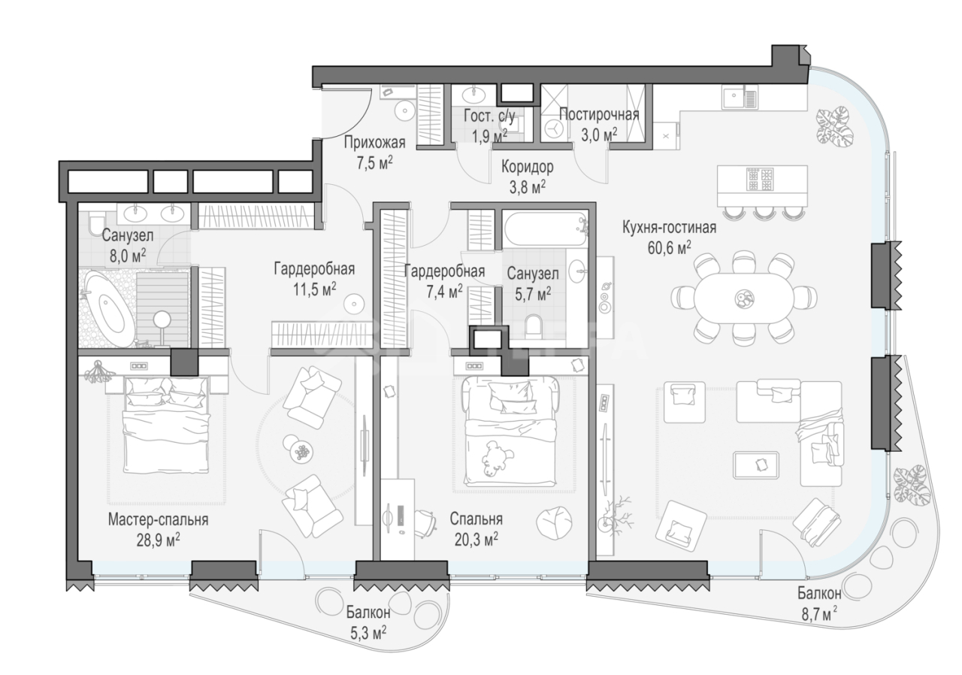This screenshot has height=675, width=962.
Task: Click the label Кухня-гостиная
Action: [669, 228]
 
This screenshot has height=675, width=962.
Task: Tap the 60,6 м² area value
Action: [669, 248]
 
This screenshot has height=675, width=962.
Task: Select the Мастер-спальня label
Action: [158, 519]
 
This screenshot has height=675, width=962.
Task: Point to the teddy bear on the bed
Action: [498, 459]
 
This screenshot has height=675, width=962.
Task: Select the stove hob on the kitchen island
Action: [761, 179]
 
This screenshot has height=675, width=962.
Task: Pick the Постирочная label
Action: [599, 115]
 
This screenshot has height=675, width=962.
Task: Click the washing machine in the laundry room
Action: [555, 129]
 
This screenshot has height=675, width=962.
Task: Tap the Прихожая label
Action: [374, 142]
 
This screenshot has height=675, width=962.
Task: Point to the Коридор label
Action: [528, 167]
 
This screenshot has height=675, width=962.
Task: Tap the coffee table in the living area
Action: [756, 465]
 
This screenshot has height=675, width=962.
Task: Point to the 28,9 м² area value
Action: [158, 540]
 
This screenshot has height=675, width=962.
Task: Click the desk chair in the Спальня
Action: [425, 522]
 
